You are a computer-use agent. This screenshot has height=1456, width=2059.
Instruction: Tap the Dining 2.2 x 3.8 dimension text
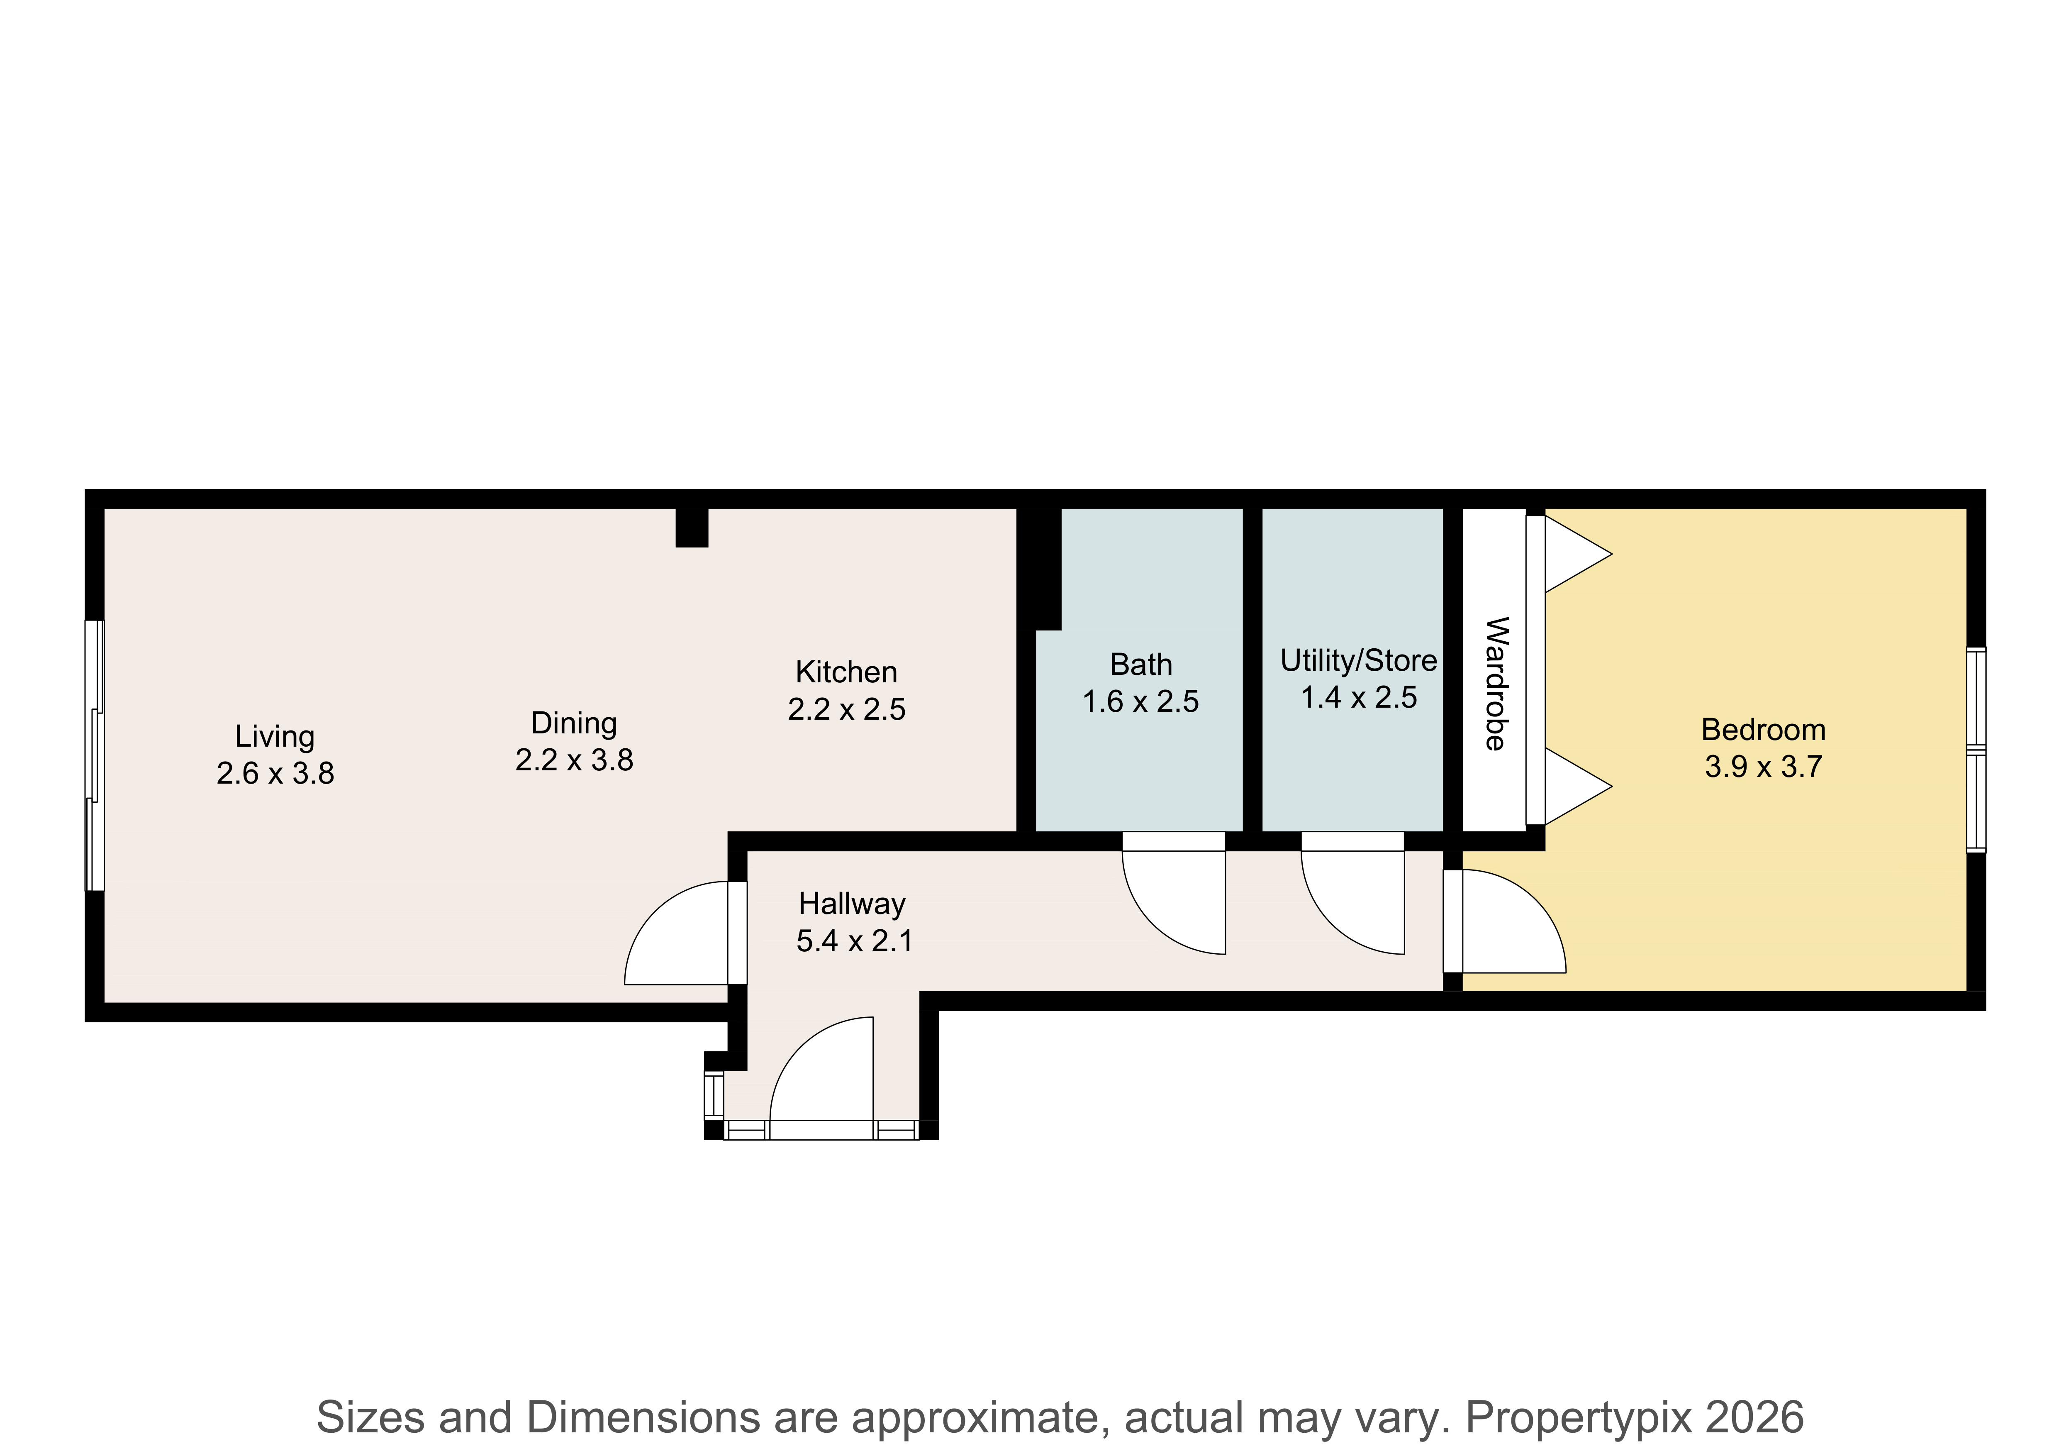(574, 760)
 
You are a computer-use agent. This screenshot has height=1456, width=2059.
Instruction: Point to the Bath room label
(1141, 665)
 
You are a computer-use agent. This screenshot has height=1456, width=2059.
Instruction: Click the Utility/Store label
(1359, 660)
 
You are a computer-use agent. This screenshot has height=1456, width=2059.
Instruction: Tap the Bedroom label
(1763, 729)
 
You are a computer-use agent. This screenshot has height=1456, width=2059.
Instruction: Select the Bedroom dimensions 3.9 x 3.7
(1763, 767)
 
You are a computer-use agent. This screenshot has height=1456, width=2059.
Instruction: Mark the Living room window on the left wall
(94, 755)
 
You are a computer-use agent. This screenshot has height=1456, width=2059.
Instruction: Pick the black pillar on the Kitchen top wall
(692, 528)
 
